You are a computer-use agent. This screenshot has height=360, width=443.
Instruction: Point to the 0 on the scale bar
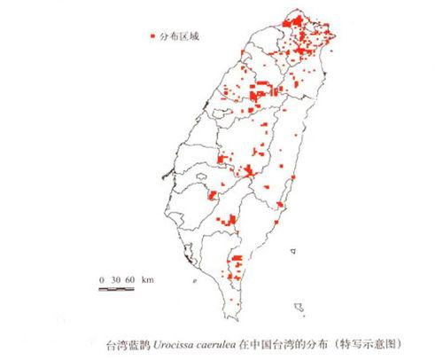coord(102,279)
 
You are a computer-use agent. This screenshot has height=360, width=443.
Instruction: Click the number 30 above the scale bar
coord(115,279)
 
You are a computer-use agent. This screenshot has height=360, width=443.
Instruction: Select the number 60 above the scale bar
coord(130,279)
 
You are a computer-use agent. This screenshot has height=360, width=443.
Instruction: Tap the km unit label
coord(147,279)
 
